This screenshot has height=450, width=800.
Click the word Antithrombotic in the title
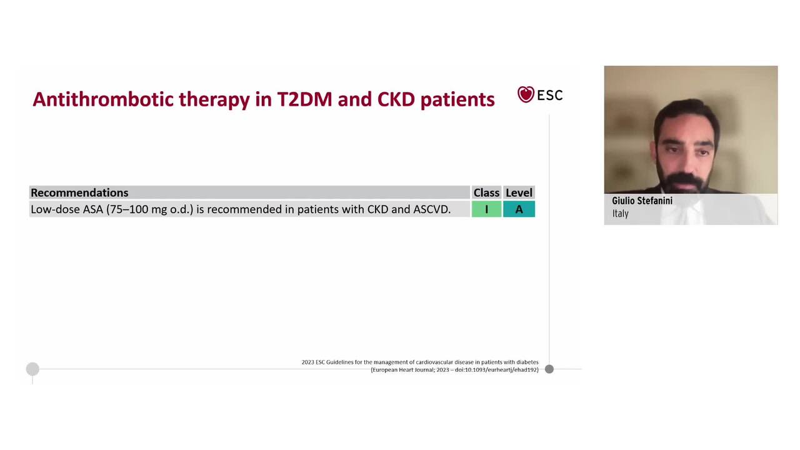coord(102,99)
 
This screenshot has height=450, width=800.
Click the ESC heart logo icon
coord(526,94)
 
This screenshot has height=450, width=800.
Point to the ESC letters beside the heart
coord(550,96)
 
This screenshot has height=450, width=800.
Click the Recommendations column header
coord(79,192)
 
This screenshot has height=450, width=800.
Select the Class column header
coord(486,192)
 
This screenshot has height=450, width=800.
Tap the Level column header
coord(519,192)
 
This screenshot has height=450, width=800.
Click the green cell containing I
coord(486,209)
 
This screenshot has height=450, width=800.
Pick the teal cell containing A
coord(519,209)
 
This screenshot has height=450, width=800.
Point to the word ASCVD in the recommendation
coord(431,209)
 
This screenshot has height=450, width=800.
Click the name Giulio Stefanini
coord(642,201)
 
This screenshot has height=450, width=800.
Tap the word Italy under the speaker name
coord(620,214)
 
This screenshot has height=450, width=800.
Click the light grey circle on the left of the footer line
coord(32,369)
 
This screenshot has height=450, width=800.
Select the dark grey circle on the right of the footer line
coord(549,369)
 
